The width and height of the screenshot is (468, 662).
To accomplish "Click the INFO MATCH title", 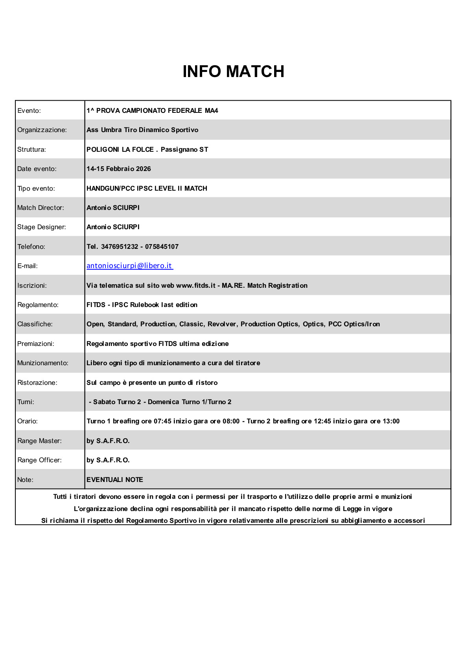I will [x=233, y=72].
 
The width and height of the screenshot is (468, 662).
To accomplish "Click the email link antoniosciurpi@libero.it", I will [x=129, y=266].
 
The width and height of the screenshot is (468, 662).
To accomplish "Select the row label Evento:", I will [x=29, y=111].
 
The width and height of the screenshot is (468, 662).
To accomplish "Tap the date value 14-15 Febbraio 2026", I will [x=119, y=169].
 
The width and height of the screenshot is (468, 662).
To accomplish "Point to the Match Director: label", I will [x=41, y=208].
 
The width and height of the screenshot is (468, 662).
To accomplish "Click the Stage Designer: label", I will [x=42, y=227].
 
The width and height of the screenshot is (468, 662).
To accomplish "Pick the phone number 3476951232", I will [x=120, y=247].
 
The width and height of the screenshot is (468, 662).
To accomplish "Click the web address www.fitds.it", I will [x=196, y=286].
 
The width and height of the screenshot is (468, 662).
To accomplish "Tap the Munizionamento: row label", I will [x=43, y=363].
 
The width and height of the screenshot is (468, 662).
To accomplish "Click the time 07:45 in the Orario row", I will [x=162, y=421].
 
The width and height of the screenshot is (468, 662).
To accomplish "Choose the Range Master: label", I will [x=39, y=441].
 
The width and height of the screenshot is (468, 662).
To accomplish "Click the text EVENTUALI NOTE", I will [x=115, y=480].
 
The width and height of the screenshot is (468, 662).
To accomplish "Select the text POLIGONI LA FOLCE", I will [x=120, y=150].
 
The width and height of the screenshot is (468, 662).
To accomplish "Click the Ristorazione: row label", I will [x=37, y=383].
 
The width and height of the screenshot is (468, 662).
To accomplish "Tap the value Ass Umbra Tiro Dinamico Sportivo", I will [x=142, y=130].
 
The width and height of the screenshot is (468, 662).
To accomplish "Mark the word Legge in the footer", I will [x=352, y=509].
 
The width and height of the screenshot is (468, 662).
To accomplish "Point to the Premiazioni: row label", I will [x=36, y=344].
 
